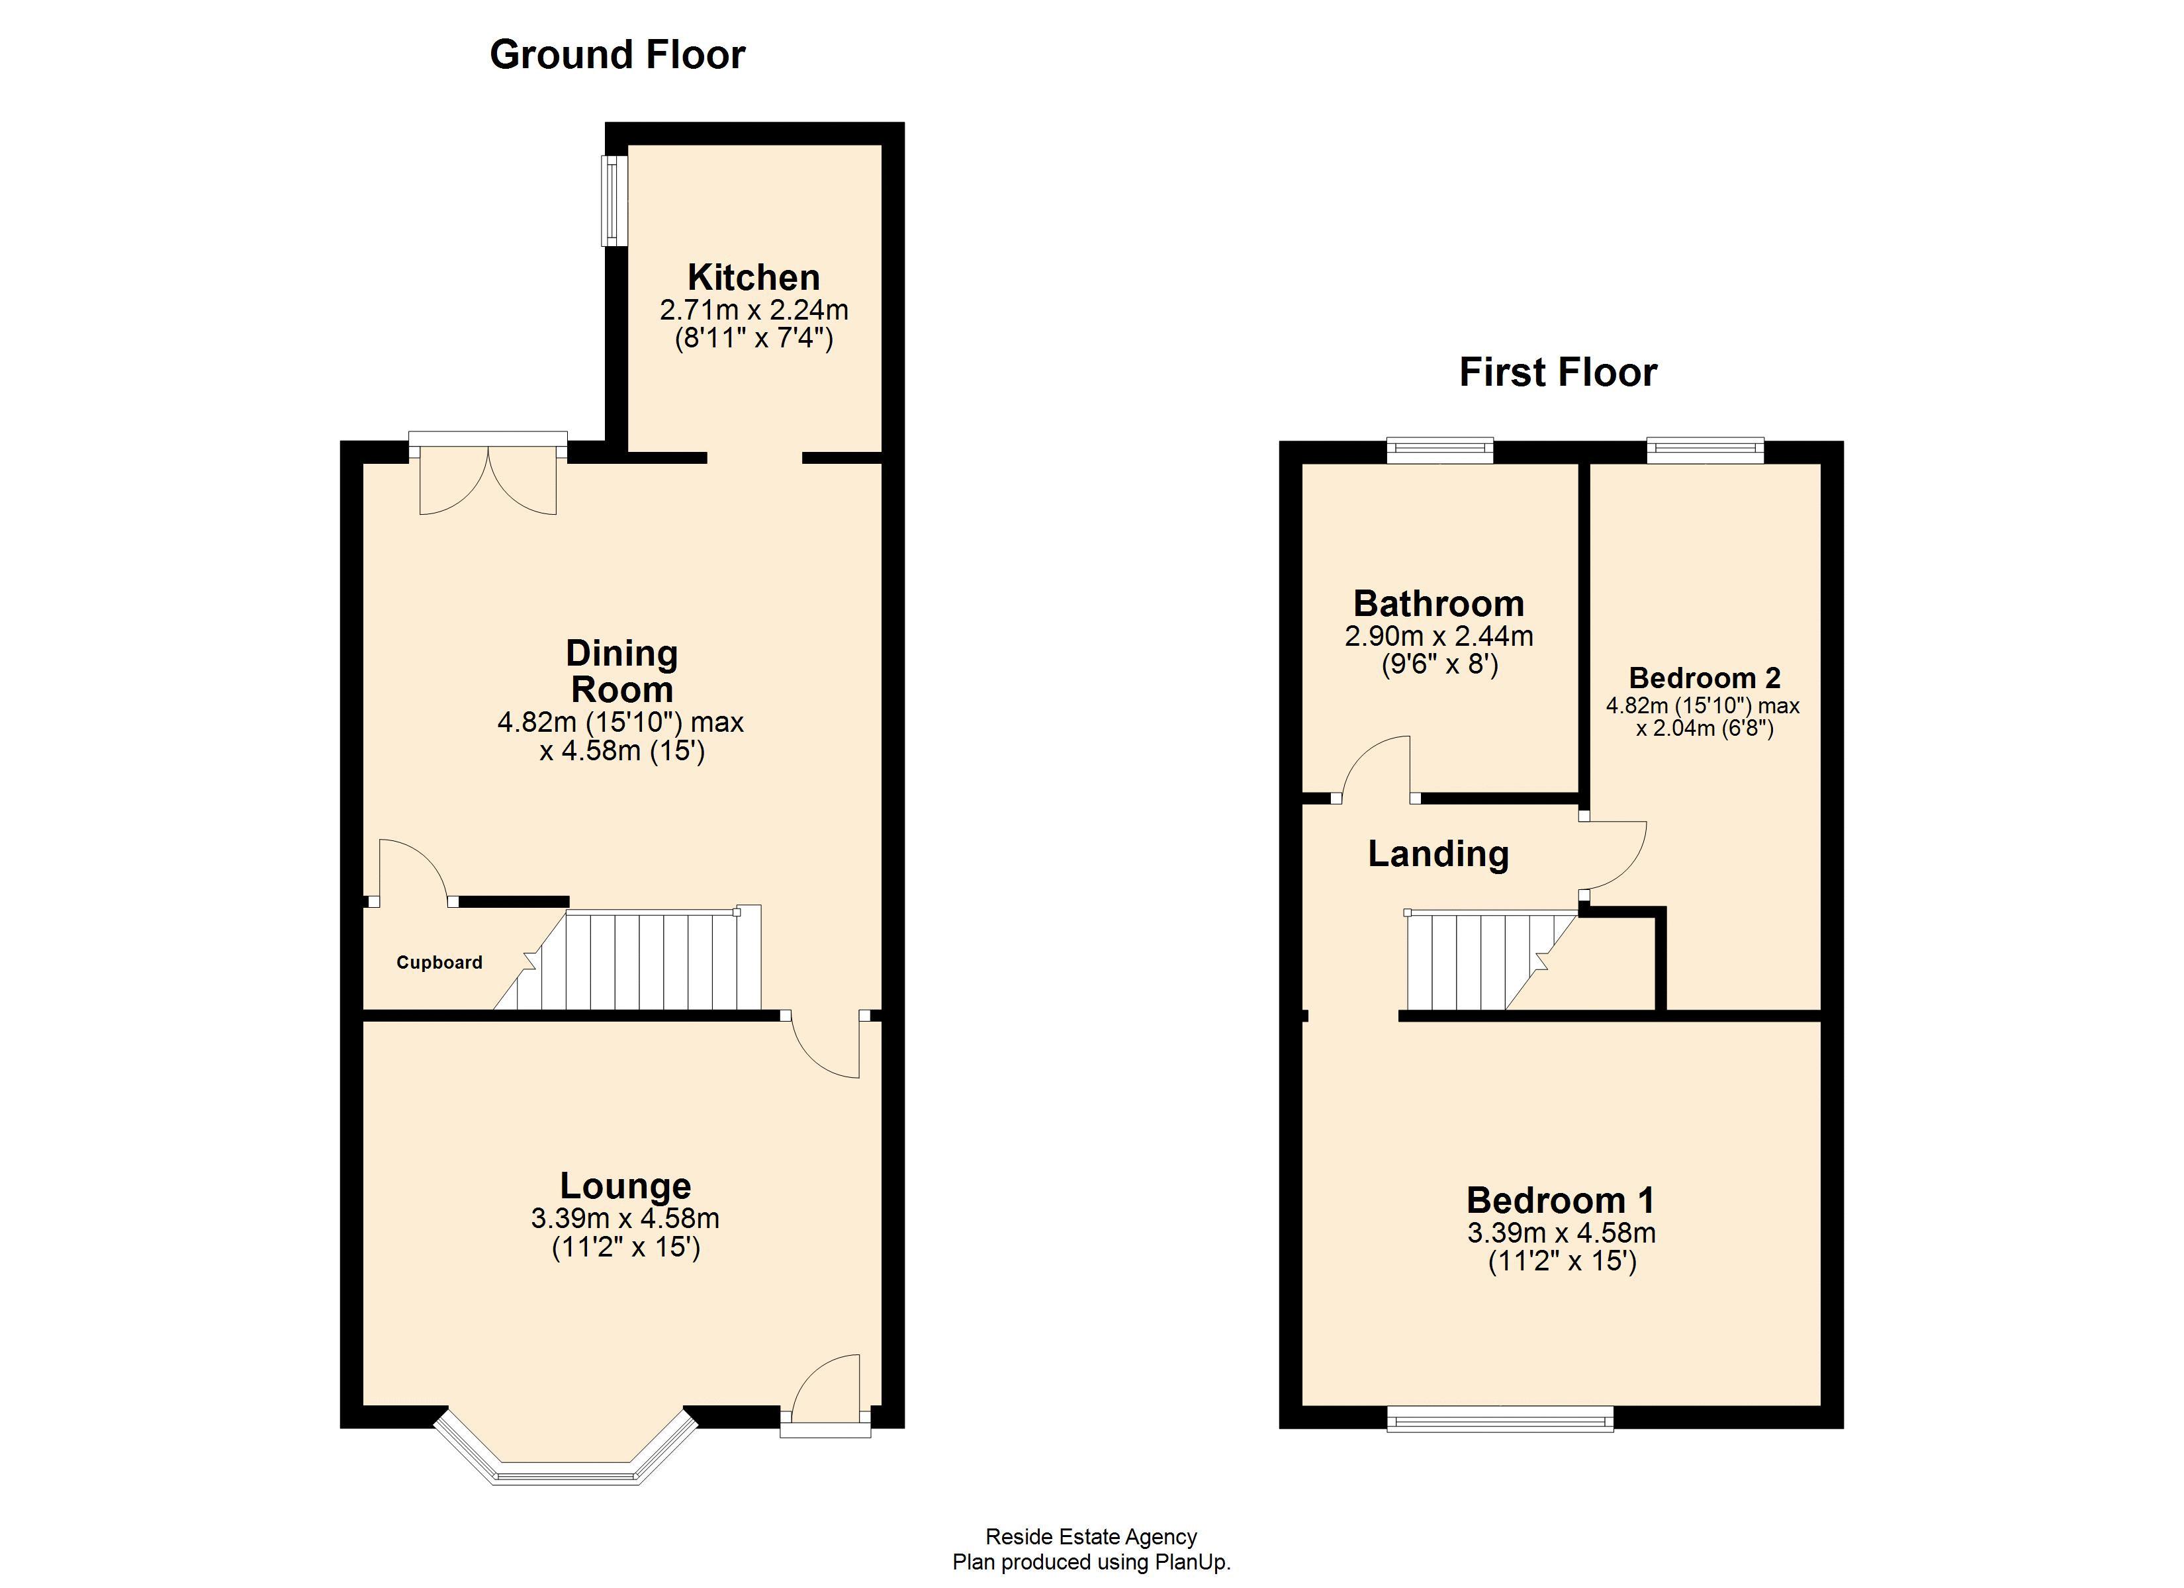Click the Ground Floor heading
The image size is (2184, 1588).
coord(617,55)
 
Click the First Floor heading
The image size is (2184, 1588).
coord(1557,373)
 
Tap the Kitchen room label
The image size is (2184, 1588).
coord(753,277)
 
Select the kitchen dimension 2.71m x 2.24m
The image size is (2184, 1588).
coord(753,310)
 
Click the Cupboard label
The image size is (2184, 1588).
coord(439,962)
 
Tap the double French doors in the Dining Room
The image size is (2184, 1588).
coord(488,476)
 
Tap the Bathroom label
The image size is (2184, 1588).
coord(1439,604)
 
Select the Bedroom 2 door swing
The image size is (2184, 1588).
coord(1613,855)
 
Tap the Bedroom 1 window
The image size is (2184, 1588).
coord(1499,1419)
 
